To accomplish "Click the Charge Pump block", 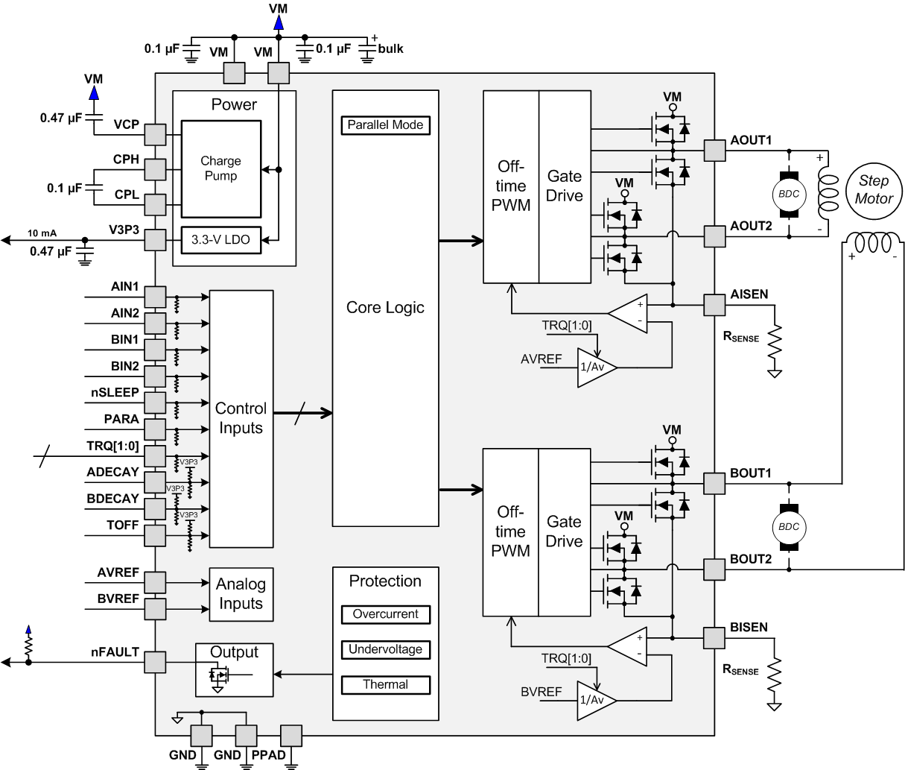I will [x=220, y=169].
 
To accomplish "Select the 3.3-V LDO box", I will [x=220, y=240].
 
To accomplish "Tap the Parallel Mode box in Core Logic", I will [x=385, y=125].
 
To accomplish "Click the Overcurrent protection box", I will [x=385, y=614].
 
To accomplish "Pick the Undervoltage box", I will [x=385, y=649].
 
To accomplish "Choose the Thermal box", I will [x=385, y=684].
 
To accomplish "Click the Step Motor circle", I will [x=873, y=191].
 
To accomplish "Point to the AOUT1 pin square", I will [x=714, y=151].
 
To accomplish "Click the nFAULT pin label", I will [x=115, y=652].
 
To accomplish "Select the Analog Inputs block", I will [x=241, y=594].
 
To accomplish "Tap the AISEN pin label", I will [x=749, y=294].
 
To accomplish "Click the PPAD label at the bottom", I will [x=268, y=755].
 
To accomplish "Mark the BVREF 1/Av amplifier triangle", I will [x=594, y=700].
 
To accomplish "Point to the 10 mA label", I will [x=42, y=233].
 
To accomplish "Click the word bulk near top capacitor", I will [x=390, y=48].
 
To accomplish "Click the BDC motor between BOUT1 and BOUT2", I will [x=788, y=526].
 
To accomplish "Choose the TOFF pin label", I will [x=122, y=526].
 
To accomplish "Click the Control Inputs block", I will [x=241, y=418].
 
